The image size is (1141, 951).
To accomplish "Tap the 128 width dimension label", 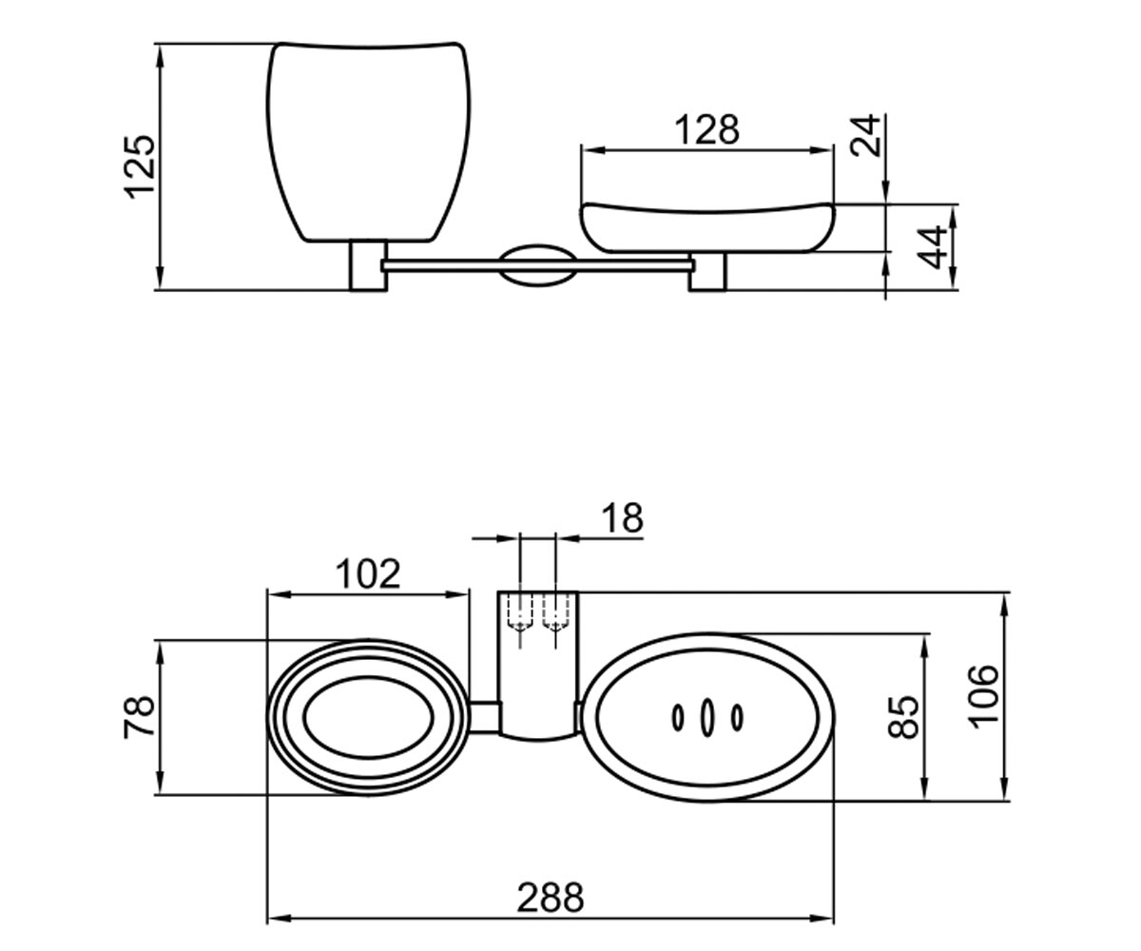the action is click(706, 130).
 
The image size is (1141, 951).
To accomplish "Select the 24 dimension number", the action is click(865, 136).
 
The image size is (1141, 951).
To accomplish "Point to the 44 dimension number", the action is click(931, 247).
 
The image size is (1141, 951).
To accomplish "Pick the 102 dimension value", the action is click(368, 573).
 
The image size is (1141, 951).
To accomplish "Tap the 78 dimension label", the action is click(139, 717).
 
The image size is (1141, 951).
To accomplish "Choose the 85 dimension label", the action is click(902, 717).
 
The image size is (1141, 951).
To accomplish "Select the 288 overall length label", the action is click(550, 898).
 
